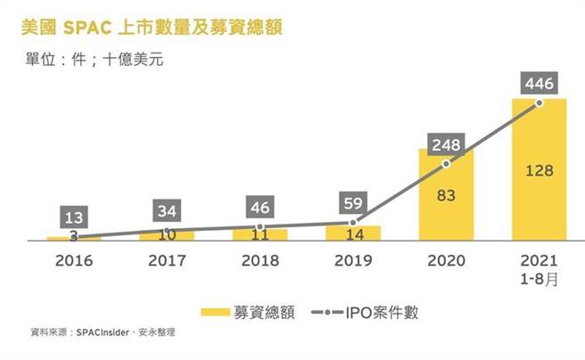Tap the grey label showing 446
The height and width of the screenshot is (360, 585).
tap(539, 85)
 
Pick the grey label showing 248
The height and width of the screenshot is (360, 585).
tap(446, 144)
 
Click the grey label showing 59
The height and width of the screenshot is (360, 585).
tap(353, 202)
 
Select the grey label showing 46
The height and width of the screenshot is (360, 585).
tap(260, 208)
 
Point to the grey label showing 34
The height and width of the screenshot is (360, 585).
tap(167, 211)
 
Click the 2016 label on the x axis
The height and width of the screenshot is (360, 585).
tap(74, 261)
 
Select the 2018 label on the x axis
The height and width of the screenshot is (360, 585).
tap(260, 261)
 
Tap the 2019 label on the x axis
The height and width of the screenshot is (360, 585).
tap(353, 261)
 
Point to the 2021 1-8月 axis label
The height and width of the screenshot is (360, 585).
tap(539, 268)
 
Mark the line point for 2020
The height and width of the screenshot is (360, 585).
tap(446, 164)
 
